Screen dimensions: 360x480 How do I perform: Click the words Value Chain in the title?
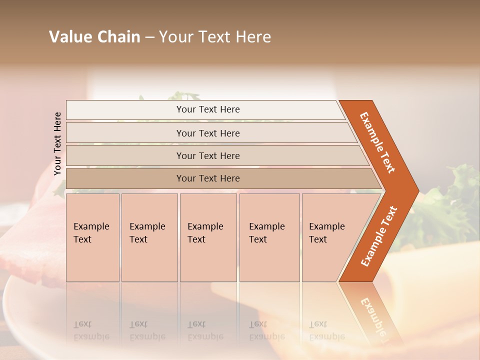click(94, 37)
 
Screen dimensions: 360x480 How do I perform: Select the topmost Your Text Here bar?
click(208, 109)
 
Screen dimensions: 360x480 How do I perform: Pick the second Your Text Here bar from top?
click(208, 133)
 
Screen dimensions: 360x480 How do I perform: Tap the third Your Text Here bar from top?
click(208, 155)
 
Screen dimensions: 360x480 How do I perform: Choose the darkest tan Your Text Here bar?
click(208, 178)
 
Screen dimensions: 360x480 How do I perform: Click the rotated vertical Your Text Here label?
click(57, 143)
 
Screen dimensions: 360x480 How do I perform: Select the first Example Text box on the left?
click(92, 237)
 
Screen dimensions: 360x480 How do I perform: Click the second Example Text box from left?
click(149, 237)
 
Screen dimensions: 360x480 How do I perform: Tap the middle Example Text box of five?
click(207, 237)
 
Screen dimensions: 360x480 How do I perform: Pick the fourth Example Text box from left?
click(269, 237)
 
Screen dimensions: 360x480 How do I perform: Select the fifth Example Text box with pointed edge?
click(330, 237)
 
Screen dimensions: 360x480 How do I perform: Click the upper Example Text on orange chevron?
click(377, 142)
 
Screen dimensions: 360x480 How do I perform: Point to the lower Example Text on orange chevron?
click(379, 236)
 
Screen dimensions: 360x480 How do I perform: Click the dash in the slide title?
click(149, 37)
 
